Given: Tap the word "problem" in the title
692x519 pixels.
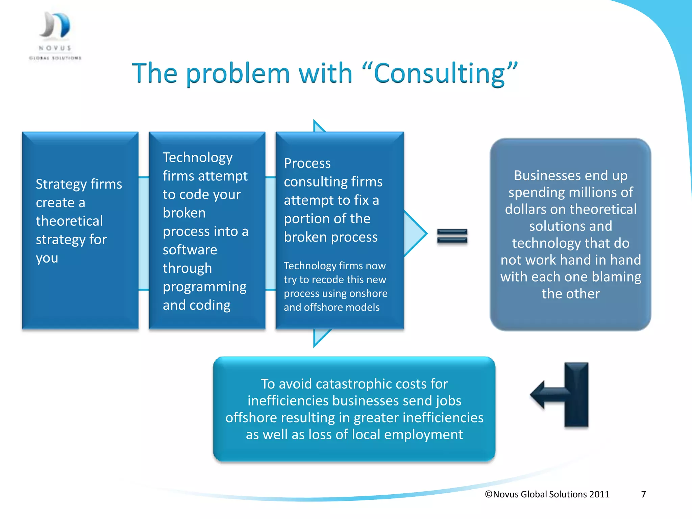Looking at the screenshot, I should [238, 74].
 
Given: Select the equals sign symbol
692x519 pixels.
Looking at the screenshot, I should [452, 236].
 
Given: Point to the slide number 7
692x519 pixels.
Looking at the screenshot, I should [643, 494].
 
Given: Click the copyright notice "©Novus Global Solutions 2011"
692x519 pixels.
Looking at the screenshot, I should [547, 494].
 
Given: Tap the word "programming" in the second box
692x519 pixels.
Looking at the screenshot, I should [204, 287].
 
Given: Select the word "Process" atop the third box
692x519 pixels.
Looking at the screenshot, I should [307, 164].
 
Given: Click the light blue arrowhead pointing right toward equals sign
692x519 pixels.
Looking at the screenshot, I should [416, 233].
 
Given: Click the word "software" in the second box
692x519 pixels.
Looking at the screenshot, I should [190, 250].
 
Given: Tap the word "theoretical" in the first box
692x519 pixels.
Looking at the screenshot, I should [69, 221].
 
